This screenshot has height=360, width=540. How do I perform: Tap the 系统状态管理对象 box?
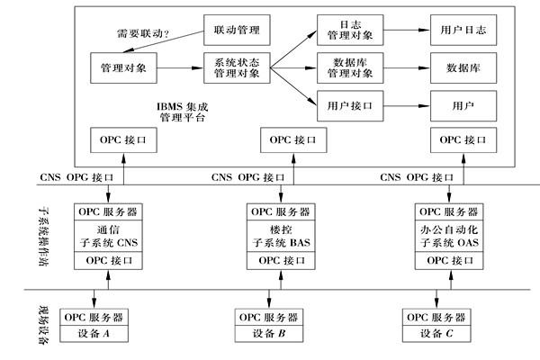tap(237, 67)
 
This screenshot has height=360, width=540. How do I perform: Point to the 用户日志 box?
tap(462, 31)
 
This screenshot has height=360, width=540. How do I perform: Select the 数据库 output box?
tap(462, 67)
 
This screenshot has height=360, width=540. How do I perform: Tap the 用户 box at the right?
tap(462, 104)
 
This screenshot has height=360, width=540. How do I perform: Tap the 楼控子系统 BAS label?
tap(275, 237)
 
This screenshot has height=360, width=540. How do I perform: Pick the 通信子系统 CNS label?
tap(112, 237)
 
